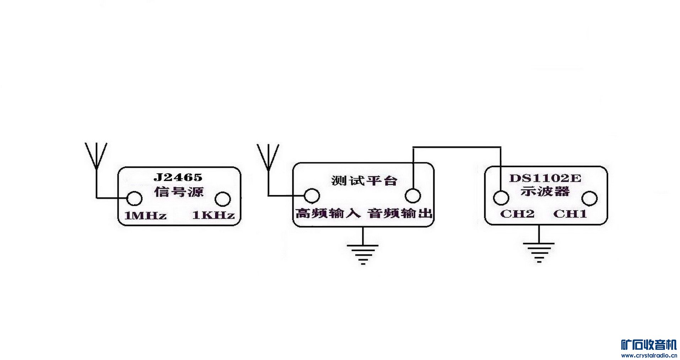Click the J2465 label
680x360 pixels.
(178, 177)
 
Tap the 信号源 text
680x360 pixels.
(178, 192)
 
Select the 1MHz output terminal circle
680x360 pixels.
(135, 198)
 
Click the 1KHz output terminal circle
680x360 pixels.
(223, 199)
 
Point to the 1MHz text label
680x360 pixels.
(145, 216)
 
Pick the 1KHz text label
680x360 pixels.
(213, 215)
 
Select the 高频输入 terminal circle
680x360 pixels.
(312, 195)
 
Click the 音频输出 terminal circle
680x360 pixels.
(413, 195)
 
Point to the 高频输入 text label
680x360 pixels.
(328, 213)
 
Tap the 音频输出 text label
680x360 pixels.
(400, 213)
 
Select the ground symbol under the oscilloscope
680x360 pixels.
(539, 252)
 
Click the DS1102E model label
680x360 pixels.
(545, 178)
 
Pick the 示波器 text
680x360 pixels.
(545, 191)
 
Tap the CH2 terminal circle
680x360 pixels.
(501, 198)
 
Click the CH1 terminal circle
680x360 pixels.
(590, 198)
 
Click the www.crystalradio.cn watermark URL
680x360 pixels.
(649, 355)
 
